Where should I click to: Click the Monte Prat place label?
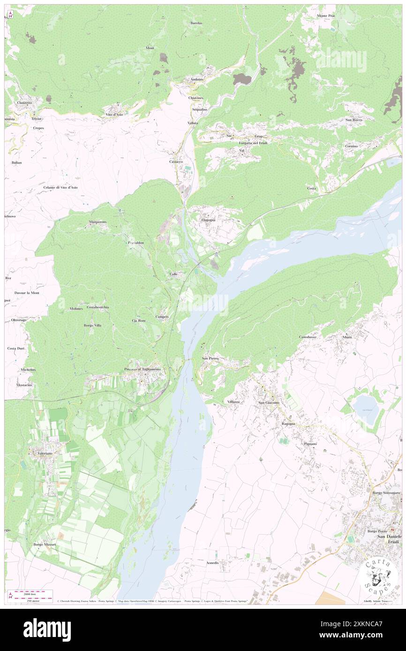coord(325,16)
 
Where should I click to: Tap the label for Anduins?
coord(197,80)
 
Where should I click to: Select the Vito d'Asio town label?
coord(114,115)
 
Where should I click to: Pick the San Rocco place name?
coord(354,120)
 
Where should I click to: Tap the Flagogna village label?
coord(208,220)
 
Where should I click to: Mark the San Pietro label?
coord(210,359)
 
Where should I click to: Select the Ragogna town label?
coord(288,424)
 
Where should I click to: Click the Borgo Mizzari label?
coord(45,545)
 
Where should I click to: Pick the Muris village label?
coord(347,337)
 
